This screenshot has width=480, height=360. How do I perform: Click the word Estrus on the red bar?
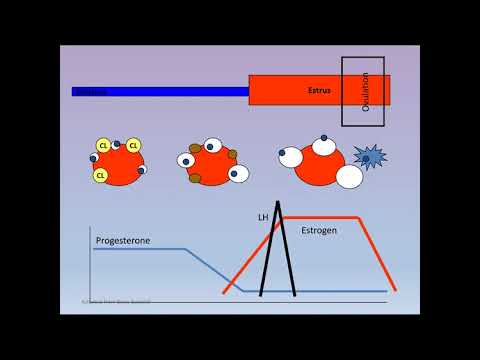click(x=318, y=91)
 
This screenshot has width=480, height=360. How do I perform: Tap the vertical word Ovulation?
click(x=365, y=91)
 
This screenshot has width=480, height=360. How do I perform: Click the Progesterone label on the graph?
click(x=126, y=240)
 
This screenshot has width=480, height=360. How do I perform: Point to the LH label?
click(x=265, y=217)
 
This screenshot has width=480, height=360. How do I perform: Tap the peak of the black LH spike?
click(x=281, y=204)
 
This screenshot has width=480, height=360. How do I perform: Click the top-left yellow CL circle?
click(x=103, y=146)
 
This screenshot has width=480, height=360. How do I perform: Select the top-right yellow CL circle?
click(x=133, y=146)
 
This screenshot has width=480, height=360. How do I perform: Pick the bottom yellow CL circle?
click(x=101, y=175)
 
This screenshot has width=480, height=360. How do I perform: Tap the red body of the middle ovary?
click(x=211, y=166)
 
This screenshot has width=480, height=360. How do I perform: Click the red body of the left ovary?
click(x=119, y=162)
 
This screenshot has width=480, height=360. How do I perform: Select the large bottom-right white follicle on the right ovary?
click(x=349, y=177)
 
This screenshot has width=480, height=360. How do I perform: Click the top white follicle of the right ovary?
click(x=323, y=147)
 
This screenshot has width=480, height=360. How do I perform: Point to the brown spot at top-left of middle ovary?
click(x=196, y=149)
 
